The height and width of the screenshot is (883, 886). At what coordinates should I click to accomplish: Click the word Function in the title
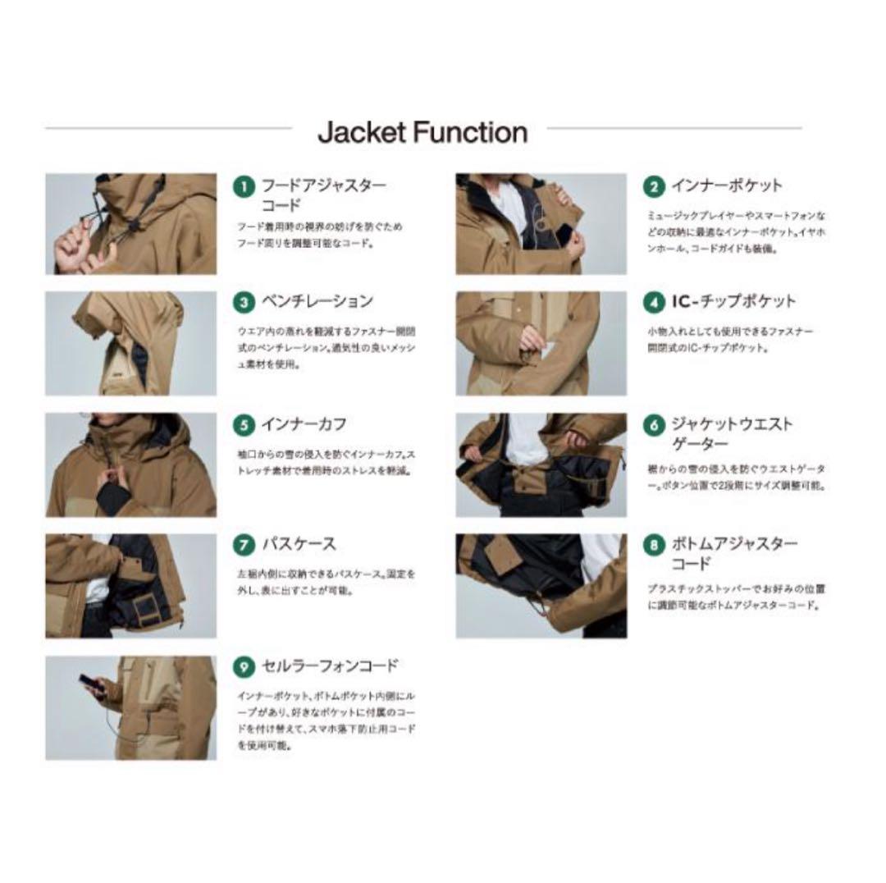point(469,131)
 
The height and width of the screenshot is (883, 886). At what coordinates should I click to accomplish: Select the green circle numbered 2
point(654,186)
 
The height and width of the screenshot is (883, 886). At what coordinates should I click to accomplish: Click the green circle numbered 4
point(654,302)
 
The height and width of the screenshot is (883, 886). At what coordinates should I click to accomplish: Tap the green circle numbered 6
point(654,425)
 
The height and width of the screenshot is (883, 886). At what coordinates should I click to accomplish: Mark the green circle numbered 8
point(654,545)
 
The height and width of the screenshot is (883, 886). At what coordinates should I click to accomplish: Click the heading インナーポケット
point(726,185)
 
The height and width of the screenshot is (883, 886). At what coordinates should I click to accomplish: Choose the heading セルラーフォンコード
point(329,665)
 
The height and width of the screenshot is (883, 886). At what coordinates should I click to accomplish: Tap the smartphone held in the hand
point(89,683)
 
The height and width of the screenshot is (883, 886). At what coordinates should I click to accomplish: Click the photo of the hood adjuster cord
point(131,223)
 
